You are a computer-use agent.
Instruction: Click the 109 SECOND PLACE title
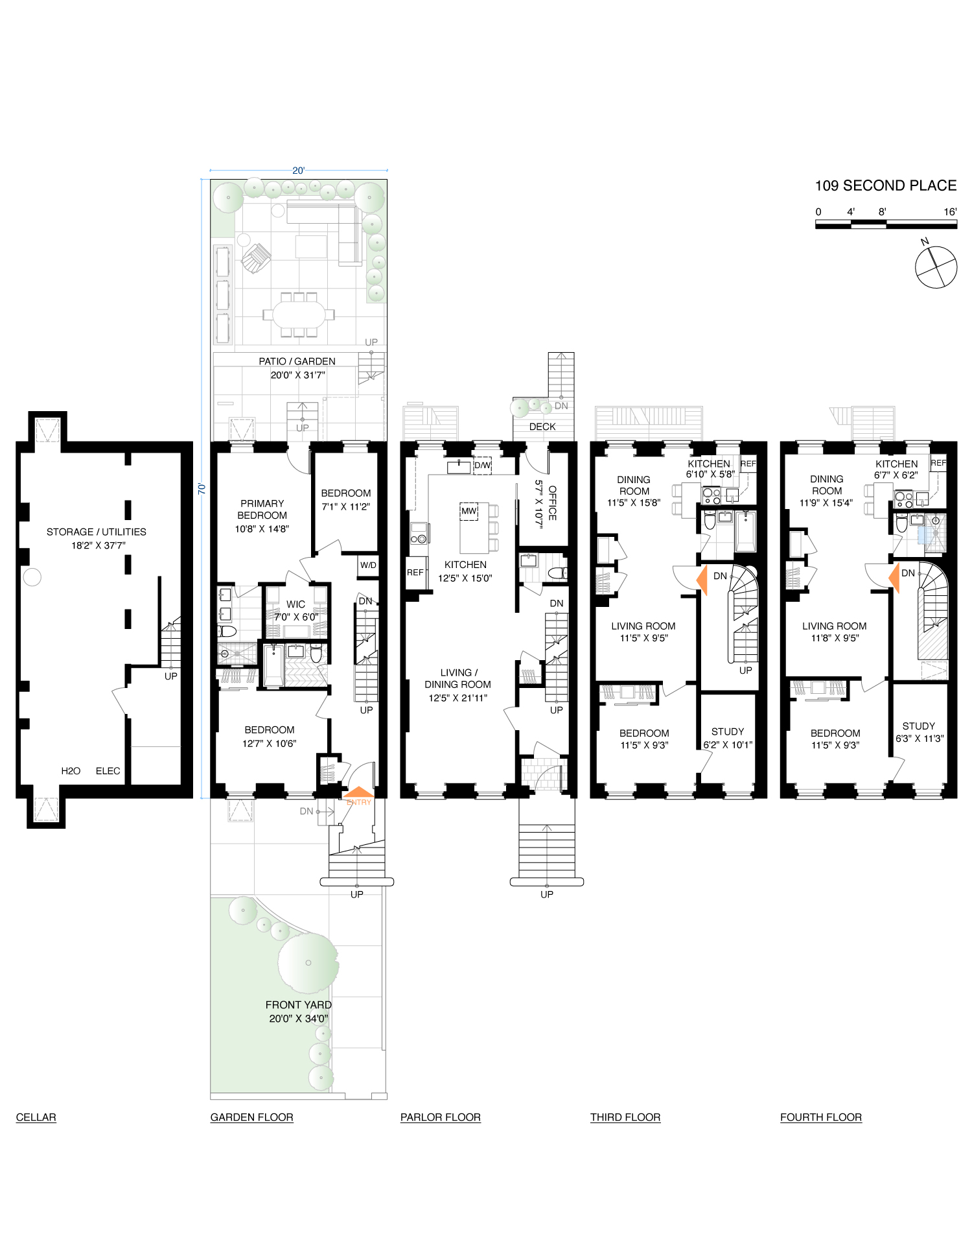[885, 186]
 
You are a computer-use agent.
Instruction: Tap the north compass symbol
[936, 267]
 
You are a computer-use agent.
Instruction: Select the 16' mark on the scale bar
[950, 212]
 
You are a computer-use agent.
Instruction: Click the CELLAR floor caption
[36, 1117]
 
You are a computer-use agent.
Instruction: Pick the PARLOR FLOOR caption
[441, 1117]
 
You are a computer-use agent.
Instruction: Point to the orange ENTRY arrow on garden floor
[358, 793]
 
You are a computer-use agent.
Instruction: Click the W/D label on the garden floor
[368, 565]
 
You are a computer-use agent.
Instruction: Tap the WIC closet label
[296, 604]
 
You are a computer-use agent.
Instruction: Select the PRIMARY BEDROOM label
[262, 510]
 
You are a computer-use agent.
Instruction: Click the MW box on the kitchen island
[469, 511]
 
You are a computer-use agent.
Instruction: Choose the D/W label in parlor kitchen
[483, 465]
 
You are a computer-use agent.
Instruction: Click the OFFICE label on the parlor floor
[552, 503]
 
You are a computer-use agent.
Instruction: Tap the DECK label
[542, 427]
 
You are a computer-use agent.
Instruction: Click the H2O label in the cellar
[71, 771]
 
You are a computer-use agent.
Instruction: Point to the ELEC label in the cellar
[108, 771]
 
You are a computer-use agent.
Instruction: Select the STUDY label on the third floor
[728, 731]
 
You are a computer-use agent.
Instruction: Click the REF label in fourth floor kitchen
[938, 463]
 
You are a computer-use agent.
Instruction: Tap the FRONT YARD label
[299, 1005]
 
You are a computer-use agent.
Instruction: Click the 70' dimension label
[202, 488]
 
